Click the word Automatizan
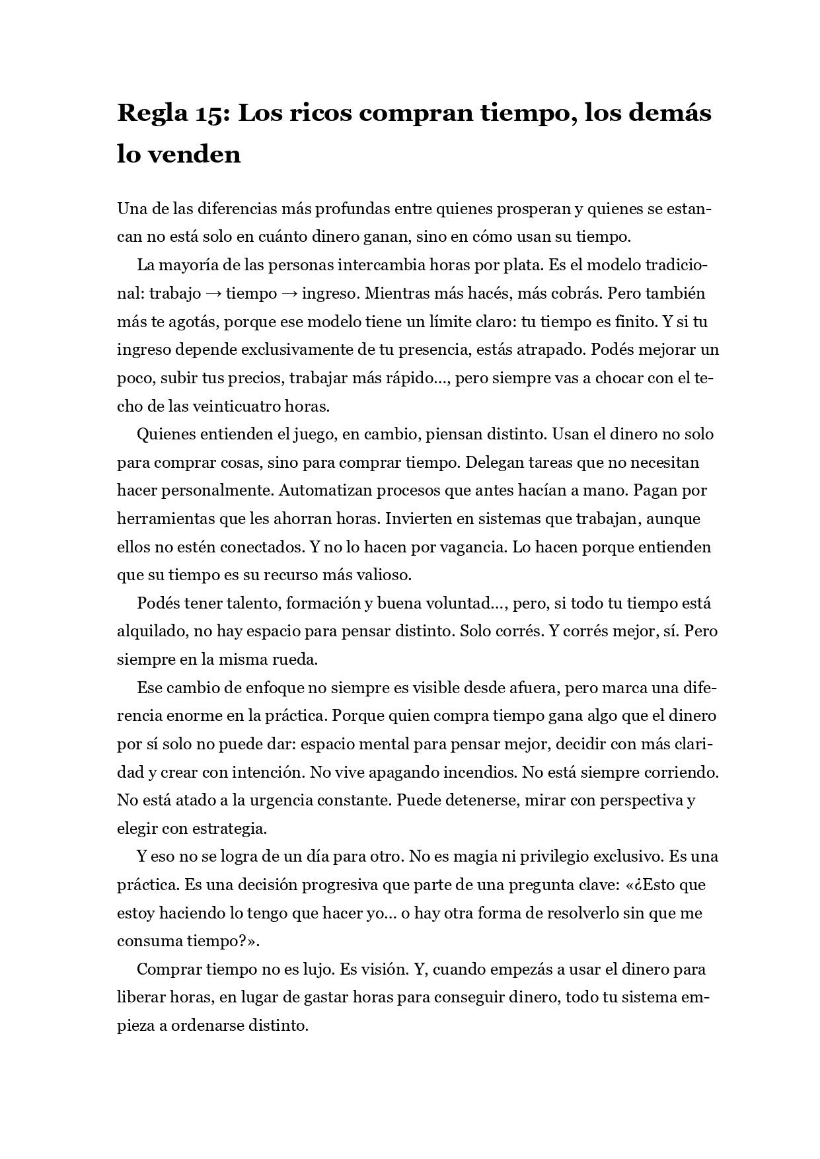pyautogui.click(x=320, y=490)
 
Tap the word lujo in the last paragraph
pyautogui.click(x=320, y=969)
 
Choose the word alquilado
pyautogui.click(x=150, y=631)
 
